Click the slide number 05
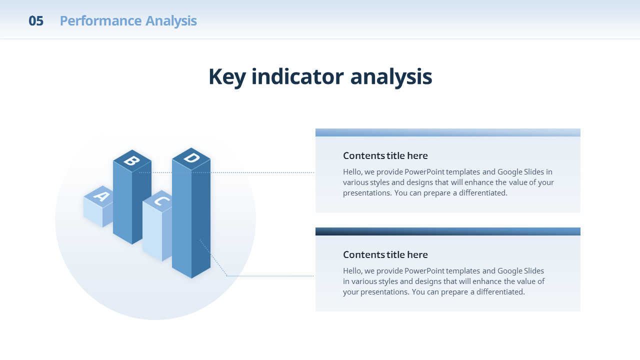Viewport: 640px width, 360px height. click(36, 21)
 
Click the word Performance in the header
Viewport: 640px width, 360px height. click(101, 21)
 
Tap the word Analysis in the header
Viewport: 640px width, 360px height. click(171, 21)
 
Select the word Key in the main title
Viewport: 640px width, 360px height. click(227, 77)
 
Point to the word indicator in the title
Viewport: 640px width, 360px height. click(297, 76)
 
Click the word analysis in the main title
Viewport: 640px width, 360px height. click(391, 77)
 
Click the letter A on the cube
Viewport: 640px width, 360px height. click(101, 196)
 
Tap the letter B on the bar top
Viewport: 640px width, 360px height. click(131, 161)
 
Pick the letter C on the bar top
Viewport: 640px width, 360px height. click(161, 201)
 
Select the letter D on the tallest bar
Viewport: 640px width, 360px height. click(191, 157)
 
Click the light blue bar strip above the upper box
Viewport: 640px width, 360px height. click(447, 132)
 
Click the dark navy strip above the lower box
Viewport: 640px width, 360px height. click(447, 231)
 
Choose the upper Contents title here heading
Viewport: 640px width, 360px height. click(385, 155)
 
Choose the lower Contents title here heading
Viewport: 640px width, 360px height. click(385, 254)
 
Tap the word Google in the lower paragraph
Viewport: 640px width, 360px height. click(510, 271)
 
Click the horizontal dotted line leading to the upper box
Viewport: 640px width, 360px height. click(226, 172)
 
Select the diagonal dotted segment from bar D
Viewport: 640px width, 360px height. click(213, 257)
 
